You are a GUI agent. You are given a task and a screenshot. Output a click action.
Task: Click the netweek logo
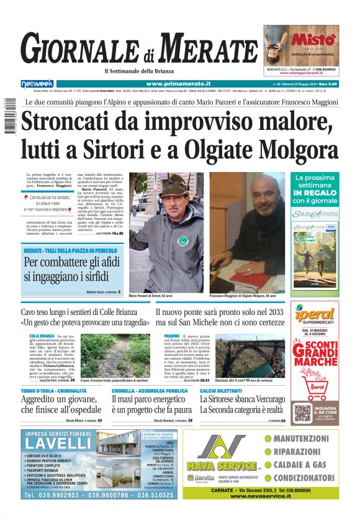point(37,83)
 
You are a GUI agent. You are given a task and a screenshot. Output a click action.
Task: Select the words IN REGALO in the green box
point(315,193)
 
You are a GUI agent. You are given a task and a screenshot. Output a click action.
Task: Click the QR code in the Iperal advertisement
point(302,413)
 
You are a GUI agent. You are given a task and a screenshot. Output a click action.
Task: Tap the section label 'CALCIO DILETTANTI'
point(222,373)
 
